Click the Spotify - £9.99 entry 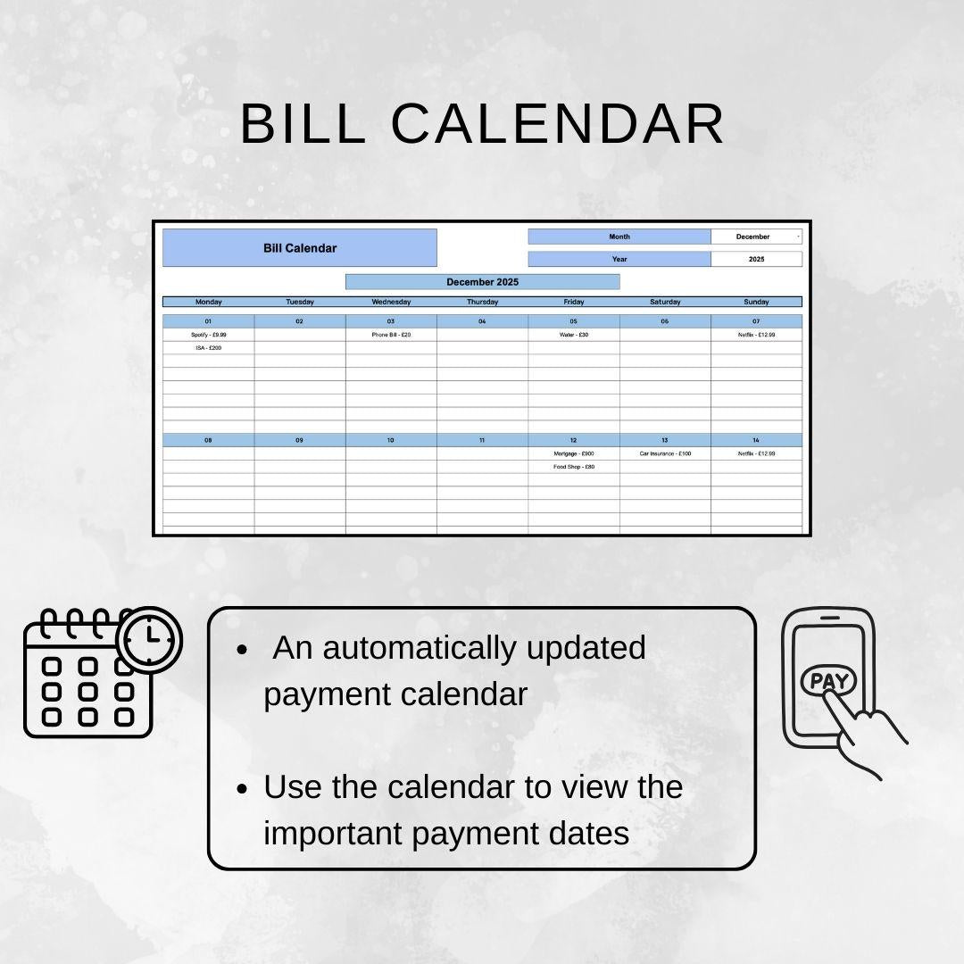click(x=208, y=335)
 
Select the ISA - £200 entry click(x=208, y=348)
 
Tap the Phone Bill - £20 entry click(x=391, y=335)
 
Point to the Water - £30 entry click(x=574, y=335)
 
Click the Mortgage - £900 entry click(x=574, y=453)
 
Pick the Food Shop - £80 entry click(x=574, y=467)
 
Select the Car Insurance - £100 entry click(x=665, y=453)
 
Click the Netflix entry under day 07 click(x=756, y=335)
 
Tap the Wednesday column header click(x=391, y=302)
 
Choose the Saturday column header click(x=665, y=302)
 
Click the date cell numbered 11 click(x=482, y=440)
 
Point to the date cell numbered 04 click(x=482, y=321)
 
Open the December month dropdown click(x=756, y=237)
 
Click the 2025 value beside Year click(x=756, y=259)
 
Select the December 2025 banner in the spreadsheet click(x=482, y=282)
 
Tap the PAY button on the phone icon click(x=828, y=681)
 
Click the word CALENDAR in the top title click(x=558, y=124)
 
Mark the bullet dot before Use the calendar click(x=242, y=790)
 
